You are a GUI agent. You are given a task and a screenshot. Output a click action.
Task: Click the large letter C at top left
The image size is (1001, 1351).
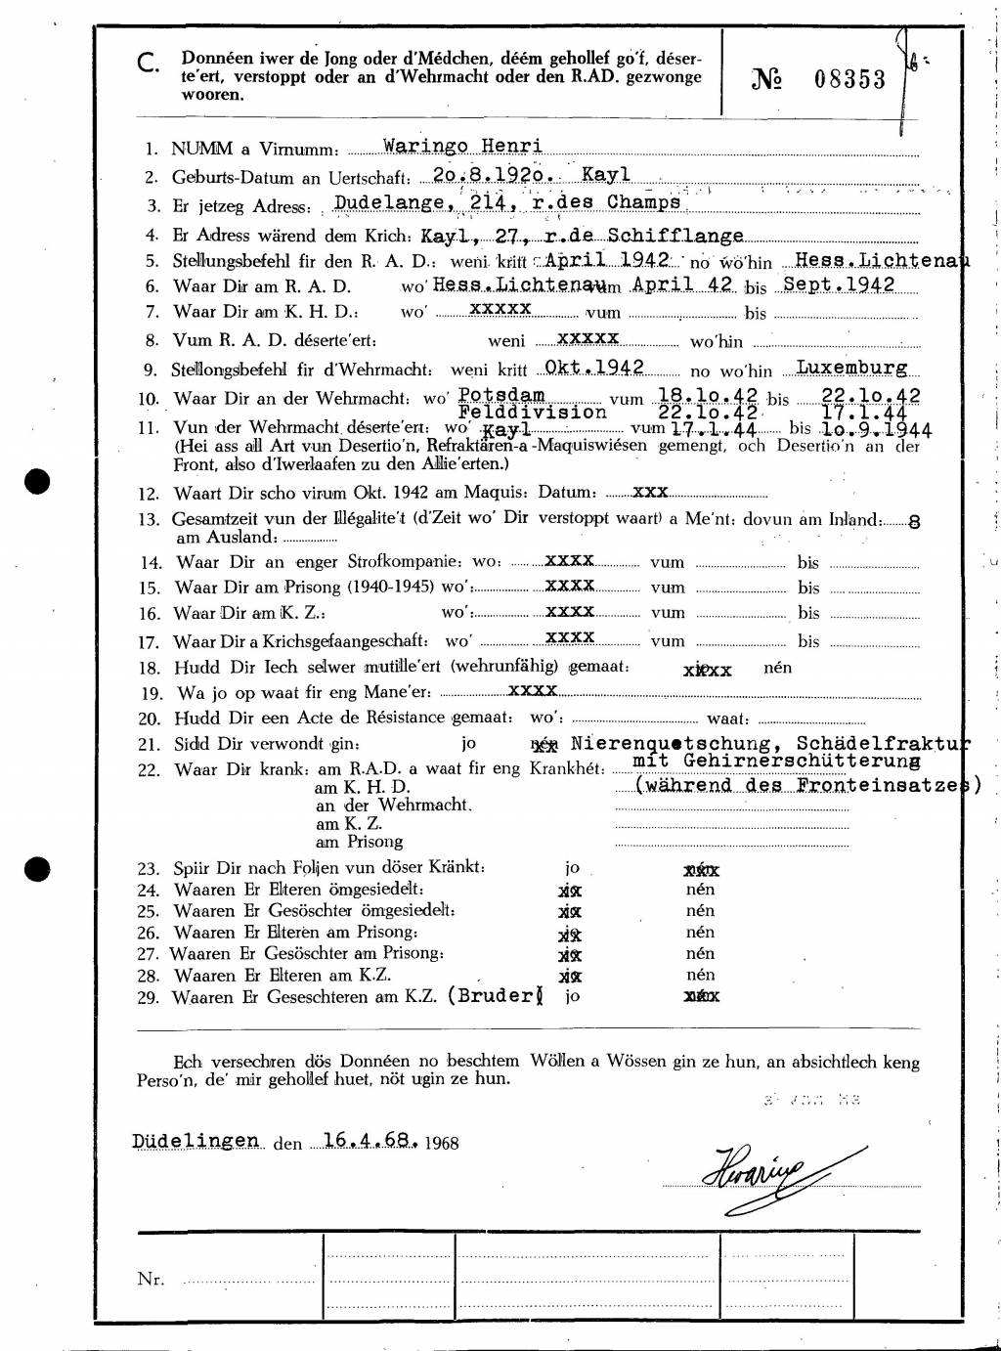click(148, 65)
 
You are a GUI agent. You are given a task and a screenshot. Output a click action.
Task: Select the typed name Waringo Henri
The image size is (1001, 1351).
click(462, 147)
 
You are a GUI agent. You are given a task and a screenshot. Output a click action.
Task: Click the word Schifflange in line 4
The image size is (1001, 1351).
click(675, 236)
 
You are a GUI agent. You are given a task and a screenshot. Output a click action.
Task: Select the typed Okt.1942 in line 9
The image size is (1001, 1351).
click(593, 367)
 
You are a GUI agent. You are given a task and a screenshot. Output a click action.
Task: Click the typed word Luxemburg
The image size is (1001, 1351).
click(851, 368)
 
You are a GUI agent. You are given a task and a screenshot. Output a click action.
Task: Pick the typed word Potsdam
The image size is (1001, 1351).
click(500, 394)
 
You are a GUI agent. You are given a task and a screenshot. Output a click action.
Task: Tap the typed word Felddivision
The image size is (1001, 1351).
click(532, 413)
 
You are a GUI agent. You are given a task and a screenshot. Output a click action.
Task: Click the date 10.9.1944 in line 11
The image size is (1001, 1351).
click(876, 429)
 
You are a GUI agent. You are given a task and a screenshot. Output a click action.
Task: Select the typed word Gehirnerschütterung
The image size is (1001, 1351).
click(776, 760)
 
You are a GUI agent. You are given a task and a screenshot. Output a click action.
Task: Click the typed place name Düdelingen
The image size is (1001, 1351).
click(196, 1140)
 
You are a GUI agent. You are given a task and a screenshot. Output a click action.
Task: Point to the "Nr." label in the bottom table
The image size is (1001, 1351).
click(151, 1279)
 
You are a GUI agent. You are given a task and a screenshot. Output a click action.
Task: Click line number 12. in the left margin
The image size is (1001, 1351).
click(149, 494)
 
